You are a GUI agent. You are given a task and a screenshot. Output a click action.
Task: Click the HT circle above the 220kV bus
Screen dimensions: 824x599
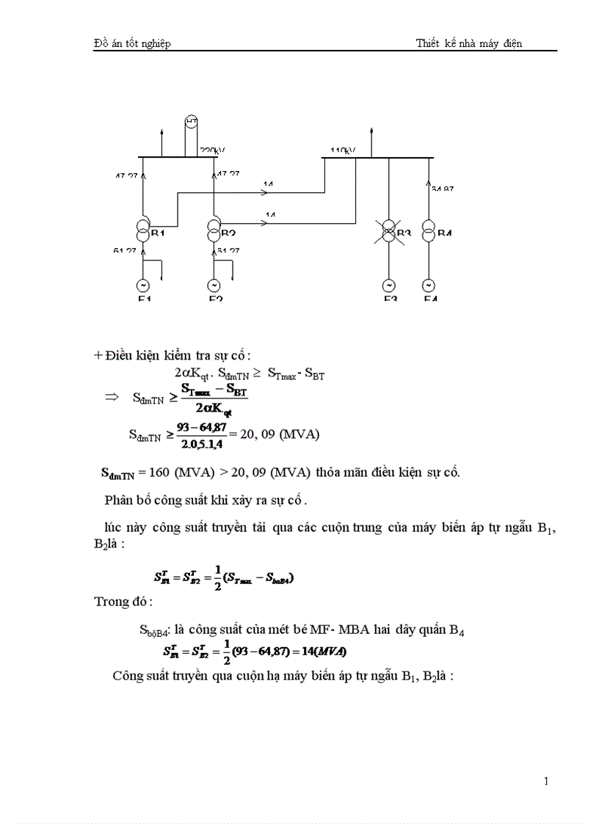(190, 121)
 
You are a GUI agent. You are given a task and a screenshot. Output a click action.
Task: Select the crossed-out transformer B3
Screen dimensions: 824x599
(390, 233)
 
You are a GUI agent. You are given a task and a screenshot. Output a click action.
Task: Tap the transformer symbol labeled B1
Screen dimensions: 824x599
(143, 230)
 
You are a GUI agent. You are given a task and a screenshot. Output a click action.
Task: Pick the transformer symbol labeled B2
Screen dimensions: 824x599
(214, 230)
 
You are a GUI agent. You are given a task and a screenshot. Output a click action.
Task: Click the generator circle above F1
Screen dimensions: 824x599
(143, 285)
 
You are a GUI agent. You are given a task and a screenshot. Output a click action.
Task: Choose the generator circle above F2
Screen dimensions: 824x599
(214, 285)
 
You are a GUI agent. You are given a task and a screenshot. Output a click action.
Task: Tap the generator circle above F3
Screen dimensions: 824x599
(390, 285)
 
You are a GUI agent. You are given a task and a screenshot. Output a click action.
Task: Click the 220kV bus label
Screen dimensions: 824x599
(212, 150)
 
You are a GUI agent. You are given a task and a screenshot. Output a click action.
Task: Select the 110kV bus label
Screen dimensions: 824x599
(343, 150)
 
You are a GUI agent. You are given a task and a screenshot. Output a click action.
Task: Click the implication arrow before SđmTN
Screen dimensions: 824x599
(112, 397)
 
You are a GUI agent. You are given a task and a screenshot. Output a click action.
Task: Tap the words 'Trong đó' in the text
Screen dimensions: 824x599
(123, 602)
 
